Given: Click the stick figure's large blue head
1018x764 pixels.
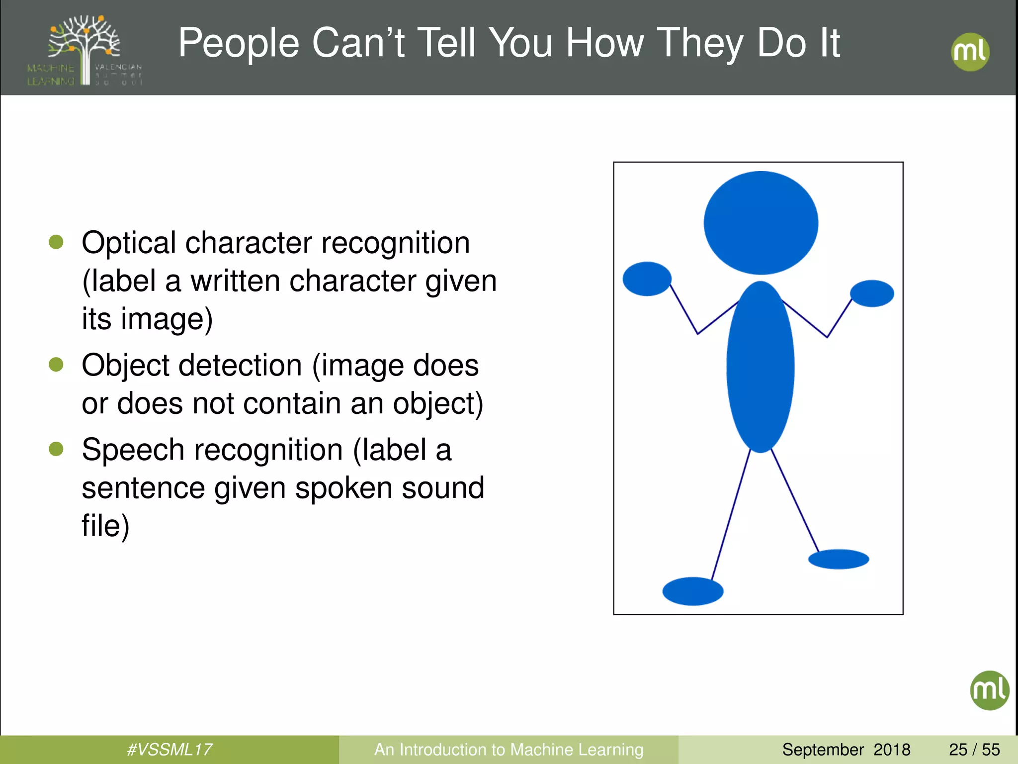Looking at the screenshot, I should [761, 223].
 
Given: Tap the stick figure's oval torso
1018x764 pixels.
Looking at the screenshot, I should [760, 367].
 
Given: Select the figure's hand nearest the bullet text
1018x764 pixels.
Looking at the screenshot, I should [647, 279].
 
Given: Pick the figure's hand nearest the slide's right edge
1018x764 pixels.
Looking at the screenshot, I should [872, 293].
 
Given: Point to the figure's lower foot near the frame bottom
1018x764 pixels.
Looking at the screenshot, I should [692, 591].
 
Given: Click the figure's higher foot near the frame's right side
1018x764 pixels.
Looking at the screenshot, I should [839, 559].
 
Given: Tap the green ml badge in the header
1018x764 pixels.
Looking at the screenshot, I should [970, 52].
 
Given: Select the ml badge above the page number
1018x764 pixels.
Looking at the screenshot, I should [989, 690].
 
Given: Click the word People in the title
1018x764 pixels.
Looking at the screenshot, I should [238, 44].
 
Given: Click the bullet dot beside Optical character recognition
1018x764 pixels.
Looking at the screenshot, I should [56, 242].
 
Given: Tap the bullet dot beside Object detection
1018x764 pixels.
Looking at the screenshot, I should [56, 365].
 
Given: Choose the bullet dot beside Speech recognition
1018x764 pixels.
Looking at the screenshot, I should [56, 449].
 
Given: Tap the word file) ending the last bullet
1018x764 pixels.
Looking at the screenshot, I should [105, 526].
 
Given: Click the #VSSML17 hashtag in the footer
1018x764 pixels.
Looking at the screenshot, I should [170, 749].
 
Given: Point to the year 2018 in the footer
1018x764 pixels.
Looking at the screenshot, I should [892, 749].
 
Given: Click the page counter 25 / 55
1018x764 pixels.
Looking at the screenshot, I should [974, 749].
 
